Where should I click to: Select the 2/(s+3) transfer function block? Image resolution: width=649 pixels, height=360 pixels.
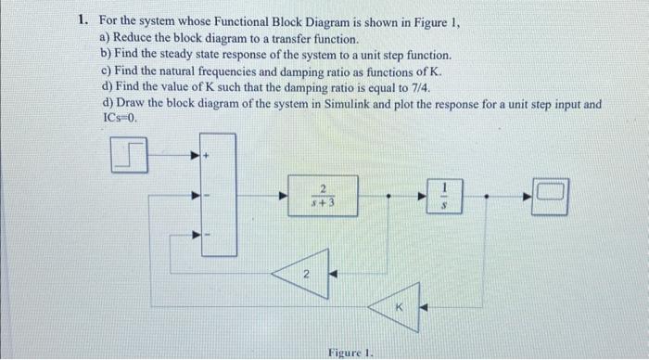coord(312,195)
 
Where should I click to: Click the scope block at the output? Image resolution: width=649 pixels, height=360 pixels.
coord(550,195)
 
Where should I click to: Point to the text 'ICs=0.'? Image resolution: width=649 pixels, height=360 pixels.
coord(121,119)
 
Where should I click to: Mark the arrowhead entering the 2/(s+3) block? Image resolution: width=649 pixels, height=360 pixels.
coord(286,195)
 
